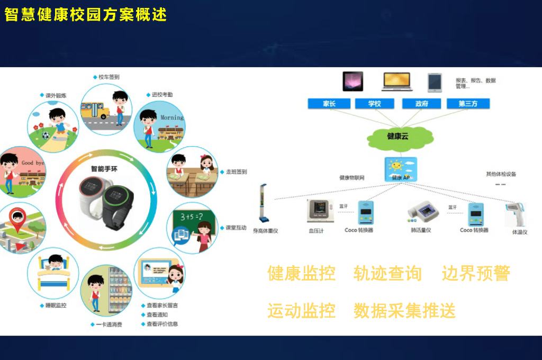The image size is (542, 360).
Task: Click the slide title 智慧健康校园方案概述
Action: click(x=86, y=15)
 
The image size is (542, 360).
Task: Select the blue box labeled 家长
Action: click(x=329, y=104)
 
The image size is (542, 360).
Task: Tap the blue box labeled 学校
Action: click(x=375, y=104)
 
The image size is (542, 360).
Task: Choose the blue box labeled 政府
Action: click(x=422, y=104)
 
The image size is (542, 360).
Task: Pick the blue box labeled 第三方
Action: click(x=468, y=104)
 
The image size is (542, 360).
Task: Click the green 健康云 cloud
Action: click(x=400, y=137)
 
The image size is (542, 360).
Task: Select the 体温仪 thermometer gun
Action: click(x=516, y=215)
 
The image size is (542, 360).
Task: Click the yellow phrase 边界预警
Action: click(x=476, y=274)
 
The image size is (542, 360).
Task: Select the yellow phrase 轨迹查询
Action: click(x=387, y=274)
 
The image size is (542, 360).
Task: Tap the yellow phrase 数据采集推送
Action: click(x=404, y=311)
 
